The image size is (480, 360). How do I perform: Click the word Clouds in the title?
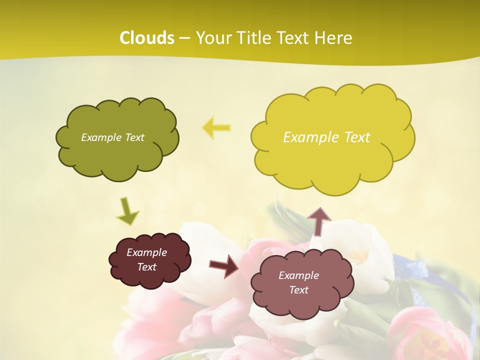point(147,38)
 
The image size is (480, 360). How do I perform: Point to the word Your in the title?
point(214,38)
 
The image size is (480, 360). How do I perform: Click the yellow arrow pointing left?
point(216,127)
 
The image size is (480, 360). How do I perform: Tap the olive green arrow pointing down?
point(127,211)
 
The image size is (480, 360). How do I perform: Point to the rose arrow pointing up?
point(318,220)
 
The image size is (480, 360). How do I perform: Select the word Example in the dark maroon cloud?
point(147,252)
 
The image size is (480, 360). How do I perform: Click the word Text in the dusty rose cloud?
point(299,290)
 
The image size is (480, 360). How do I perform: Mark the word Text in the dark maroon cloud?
point(147,267)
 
